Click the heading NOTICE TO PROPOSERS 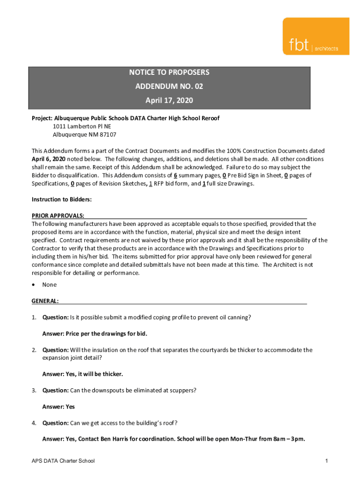169,73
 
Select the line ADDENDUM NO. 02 169,87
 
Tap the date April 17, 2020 169,101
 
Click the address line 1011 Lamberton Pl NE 82,126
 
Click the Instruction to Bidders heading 62,199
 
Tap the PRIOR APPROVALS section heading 58,216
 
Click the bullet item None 49,285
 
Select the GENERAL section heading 45,301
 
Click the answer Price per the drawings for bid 95,334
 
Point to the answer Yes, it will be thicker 83,374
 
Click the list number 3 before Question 34,390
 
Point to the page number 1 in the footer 327,461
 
